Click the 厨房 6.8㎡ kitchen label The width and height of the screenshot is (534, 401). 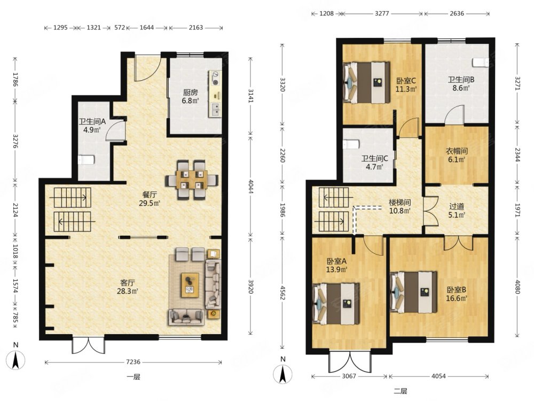pyautogui.click(x=191, y=96)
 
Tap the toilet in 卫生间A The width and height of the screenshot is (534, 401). pyautogui.click(x=86, y=159)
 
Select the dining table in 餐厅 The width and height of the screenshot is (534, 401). pyautogui.click(x=192, y=179)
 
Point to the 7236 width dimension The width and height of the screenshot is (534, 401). pyautogui.click(x=133, y=362)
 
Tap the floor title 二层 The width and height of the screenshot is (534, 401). pyautogui.click(x=400, y=391)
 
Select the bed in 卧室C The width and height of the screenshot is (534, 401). pyautogui.click(x=366, y=82)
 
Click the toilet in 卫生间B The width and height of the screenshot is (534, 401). pyautogui.click(x=481, y=63)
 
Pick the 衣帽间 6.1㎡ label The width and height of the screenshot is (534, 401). pyautogui.click(x=457, y=155)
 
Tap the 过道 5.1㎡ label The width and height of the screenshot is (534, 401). pyautogui.click(x=457, y=210)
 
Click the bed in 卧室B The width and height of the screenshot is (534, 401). pyautogui.click(x=413, y=292)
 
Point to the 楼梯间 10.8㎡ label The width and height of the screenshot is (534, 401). pyautogui.click(x=400, y=206)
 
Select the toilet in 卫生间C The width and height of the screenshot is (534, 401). pyautogui.click(x=351, y=144)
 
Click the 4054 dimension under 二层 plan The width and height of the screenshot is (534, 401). pyautogui.click(x=438, y=376)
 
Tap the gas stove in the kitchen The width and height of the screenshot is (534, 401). pyautogui.click(x=215, y=78)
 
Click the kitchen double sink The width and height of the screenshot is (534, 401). pyautogui.click(x=216, y=109)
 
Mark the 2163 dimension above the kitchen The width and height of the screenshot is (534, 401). pyautogui.click(x=196, y=28)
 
